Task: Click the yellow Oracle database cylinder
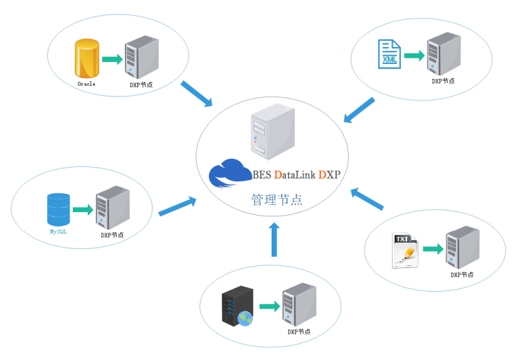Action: [87, 58]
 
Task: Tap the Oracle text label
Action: [87, 84]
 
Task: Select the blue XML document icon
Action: [390, 54]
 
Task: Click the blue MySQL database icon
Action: [58, 209]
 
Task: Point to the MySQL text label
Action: [58, 231]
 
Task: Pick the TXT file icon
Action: [405, 250]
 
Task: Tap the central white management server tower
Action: [273, 132]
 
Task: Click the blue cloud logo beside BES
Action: [230, 173]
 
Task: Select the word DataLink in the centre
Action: [295, 175]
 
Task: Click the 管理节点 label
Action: [277, 200]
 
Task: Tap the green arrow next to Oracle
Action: [112, 60]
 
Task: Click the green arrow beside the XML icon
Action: [415, 55]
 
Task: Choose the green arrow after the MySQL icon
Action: [83, 209]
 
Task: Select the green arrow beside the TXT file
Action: [433, 249]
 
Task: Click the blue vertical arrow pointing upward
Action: [274, 240]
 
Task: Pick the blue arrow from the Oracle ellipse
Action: [196, 94]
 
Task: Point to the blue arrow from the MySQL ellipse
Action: [178, 206]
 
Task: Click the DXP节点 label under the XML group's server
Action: [443, 81]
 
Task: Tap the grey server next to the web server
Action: [299, 304]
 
